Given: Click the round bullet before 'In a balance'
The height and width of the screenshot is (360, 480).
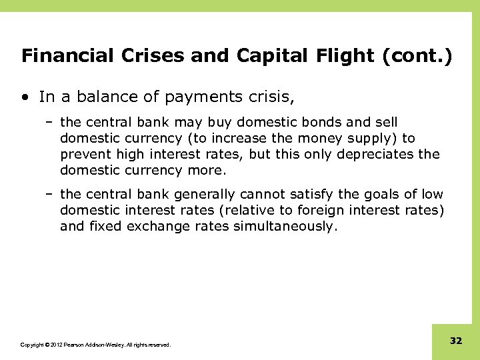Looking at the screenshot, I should click(x=25, y=97).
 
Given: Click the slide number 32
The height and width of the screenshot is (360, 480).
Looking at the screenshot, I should click(x=455, y=341).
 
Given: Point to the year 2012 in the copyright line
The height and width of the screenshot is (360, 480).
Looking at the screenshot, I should click(x=54, y=345).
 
